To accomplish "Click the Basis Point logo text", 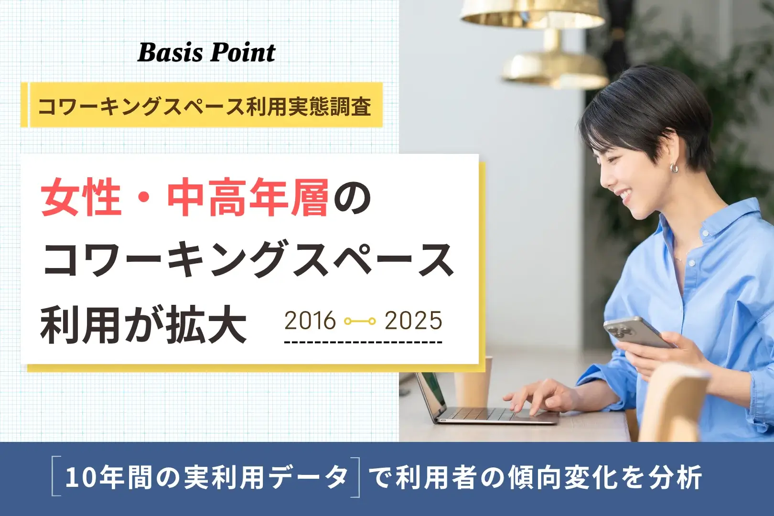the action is [x=206, y=53].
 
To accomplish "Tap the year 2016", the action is [x=310, y=321].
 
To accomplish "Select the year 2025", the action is [x=413, y=321].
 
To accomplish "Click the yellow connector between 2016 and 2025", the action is [x=360, y=322].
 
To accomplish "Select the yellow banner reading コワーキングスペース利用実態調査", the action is [x=202, y=105].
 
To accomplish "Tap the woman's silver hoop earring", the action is [x=674, y=168].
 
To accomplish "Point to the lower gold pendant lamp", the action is [x=555, y=65].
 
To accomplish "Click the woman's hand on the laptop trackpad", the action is [x=539, y=398].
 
